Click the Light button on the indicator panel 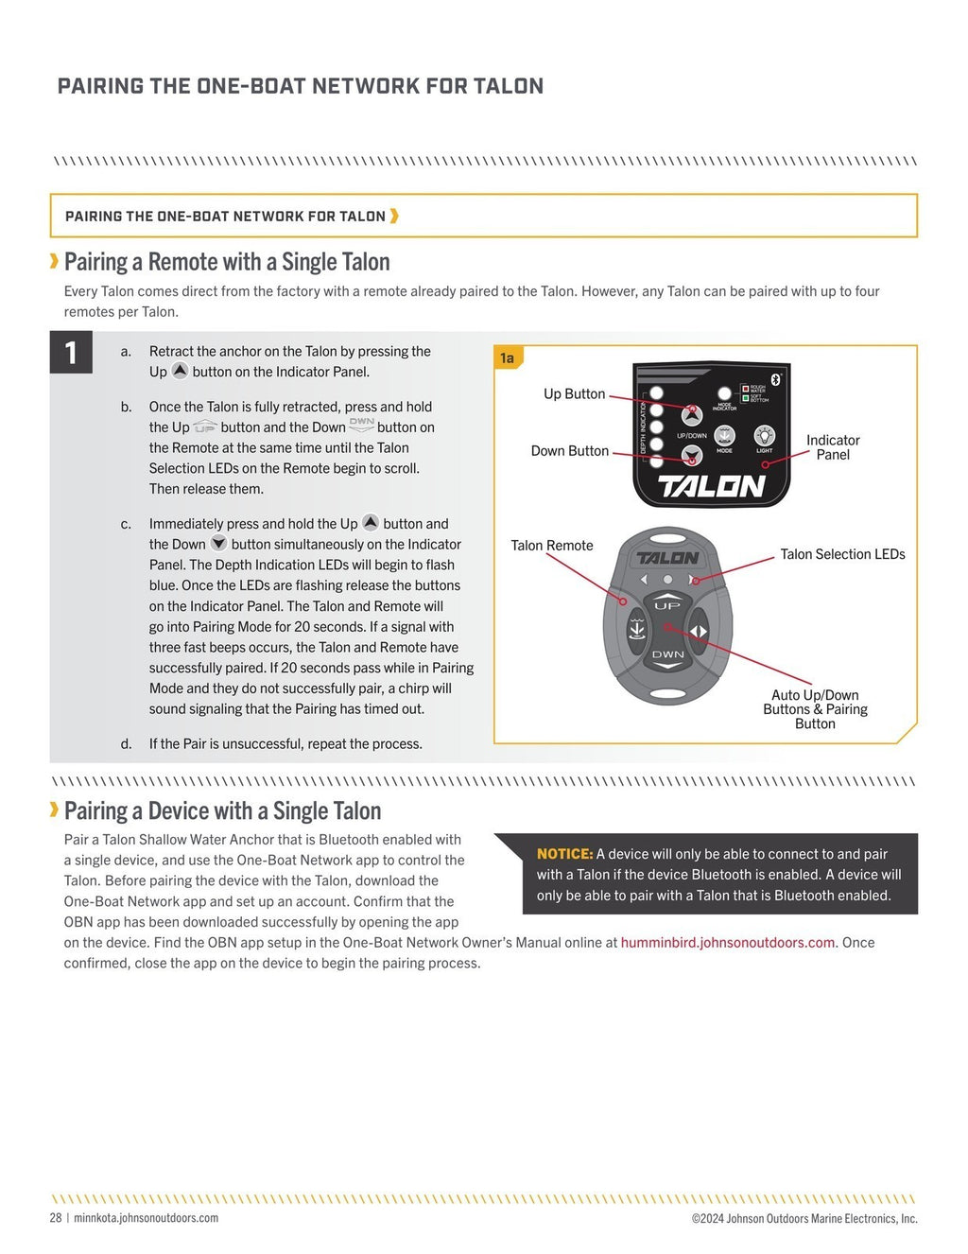[x=764, y=435]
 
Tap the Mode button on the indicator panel [x=724, y=435]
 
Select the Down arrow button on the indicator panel [x=692, y=457]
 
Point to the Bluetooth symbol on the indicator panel [x=776, y=378]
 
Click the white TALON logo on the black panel [x=711, y=486]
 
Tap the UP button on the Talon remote [x=667, y=605]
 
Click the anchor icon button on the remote [x=636, y=629]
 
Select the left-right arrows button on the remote [x=699, y=631]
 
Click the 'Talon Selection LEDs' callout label [x=842, y=554]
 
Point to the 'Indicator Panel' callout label [x=833, y=447]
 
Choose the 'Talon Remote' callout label [x=552, y=546]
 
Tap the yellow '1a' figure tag [x=508, y=357]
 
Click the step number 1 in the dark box [x=71, y=353]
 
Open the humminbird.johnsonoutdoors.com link [x=728, y=943]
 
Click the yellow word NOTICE [x=564, y=854]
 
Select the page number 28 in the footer [x=56, y=1218]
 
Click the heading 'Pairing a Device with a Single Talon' [x=223, y=811]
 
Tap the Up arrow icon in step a [x=180, y=371]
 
